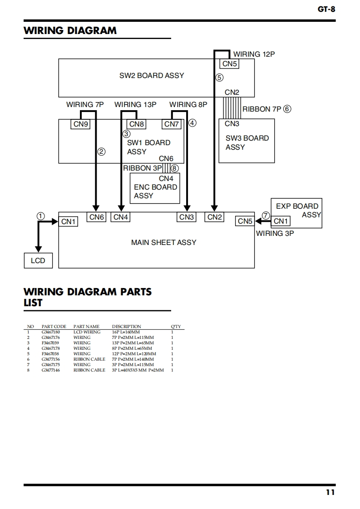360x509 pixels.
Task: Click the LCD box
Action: [x=38, y=261]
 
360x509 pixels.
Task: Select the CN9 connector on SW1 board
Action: [x=80, y=124]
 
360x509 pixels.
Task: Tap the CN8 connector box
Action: [x=137, y=124]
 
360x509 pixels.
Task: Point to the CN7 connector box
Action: [x=172, y=124]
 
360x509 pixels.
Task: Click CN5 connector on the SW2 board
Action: [x=230, y=64]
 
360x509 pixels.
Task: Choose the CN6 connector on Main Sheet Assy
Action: [x=97, y=217]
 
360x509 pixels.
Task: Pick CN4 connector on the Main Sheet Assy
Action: [x=121, y=217]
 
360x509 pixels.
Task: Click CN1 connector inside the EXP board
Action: [x=281, y=221]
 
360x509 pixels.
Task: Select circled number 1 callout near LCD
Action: [x=41, y=216]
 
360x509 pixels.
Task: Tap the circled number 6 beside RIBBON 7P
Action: [x=287, y=109]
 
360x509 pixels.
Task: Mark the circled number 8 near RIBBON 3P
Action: [x=175, y=168]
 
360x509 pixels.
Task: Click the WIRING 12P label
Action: [x=254, y=54]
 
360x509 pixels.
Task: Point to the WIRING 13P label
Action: [x=135, y=104]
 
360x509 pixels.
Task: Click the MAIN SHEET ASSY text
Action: [x=163, y=242]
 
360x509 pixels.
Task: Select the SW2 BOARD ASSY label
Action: [x=152, y=75]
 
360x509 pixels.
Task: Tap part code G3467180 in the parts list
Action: [x=50, y=332]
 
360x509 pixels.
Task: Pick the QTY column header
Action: [x=176, y=327]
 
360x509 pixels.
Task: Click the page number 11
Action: [x=330, y=492]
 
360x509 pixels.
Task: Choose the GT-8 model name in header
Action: [x=326, y=9]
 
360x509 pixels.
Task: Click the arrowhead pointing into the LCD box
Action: [x=39, y=249]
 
